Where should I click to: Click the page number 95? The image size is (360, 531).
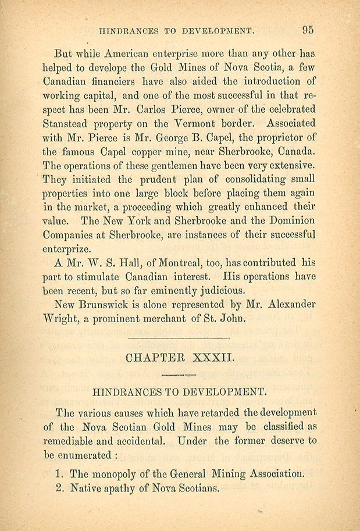[x=308, y=28]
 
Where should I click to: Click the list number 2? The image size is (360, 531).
[x=59, y=489]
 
